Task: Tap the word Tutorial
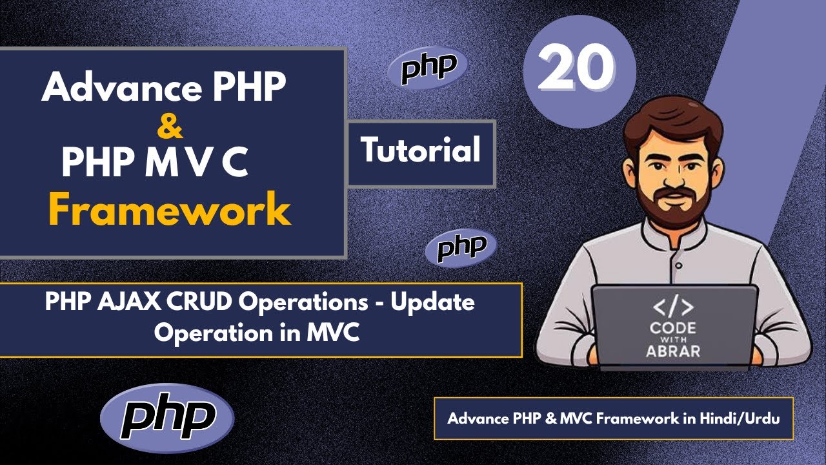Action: [x=421, y=151]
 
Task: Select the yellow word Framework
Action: [x=170, y=209]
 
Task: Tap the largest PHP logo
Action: [x=168, y=418]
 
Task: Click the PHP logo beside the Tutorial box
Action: [x=461, y=247]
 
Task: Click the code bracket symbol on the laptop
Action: [x=673, y=307]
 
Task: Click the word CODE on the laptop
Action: [x=673, y=327]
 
